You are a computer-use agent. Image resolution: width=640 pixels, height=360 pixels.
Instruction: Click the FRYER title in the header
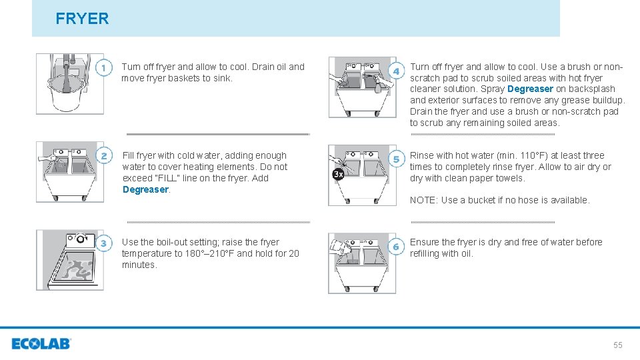point(82,19)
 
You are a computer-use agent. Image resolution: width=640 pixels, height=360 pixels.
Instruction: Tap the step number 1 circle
point(103,68)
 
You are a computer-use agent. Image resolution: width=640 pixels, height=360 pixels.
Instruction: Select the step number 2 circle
point(103,156)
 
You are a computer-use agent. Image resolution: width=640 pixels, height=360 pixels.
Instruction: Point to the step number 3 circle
point(103,243)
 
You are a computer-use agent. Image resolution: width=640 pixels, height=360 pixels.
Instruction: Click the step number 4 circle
point(396,71)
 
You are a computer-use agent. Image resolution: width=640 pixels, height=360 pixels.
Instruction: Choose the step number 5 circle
point(396,159)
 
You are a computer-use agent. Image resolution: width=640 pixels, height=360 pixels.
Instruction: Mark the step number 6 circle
point(396,247)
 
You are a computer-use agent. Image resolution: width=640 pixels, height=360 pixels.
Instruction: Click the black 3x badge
point(339,174)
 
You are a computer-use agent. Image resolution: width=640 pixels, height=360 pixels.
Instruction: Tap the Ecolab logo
point(41,344)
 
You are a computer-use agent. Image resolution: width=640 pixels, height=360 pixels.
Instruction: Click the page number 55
point(617,345)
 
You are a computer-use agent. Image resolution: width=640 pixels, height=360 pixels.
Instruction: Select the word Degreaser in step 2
point(145,189)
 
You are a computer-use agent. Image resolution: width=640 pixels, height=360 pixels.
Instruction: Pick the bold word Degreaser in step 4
point(530,89)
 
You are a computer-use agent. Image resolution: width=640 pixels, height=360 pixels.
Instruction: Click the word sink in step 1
point(221,78)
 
